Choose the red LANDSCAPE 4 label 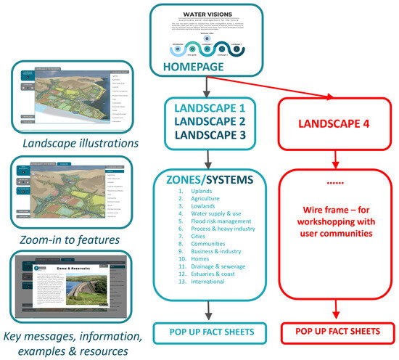click(x=334, y=124)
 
